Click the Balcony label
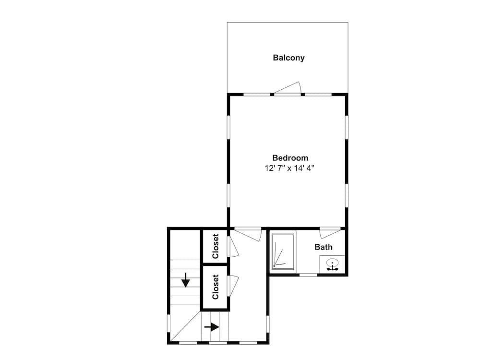[288, 58]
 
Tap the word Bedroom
[290, 158]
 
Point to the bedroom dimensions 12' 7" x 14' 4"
[289, 168]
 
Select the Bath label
[324, 247]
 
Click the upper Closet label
[216, 246]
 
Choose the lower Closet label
[216, 287]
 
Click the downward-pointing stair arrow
[185, 280]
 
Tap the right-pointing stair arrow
[212, 327]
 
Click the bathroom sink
[332, 264]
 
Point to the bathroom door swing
[330, 233]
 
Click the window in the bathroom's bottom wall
[308, 275]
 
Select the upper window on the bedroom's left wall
[228, 127]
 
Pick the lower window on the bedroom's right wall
[347, 196]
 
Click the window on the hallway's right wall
[267, 324]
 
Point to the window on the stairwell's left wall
[168, 324]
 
